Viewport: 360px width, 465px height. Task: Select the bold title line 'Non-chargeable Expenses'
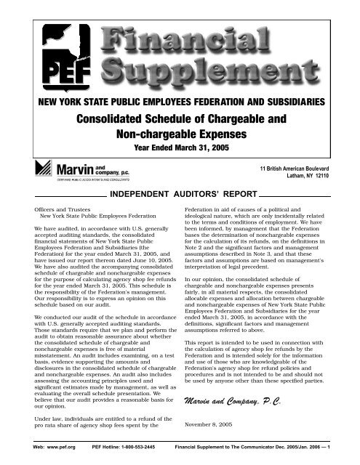coord(180,129)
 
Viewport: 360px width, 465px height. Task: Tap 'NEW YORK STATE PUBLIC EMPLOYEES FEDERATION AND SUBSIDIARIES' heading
coord(180,97)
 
